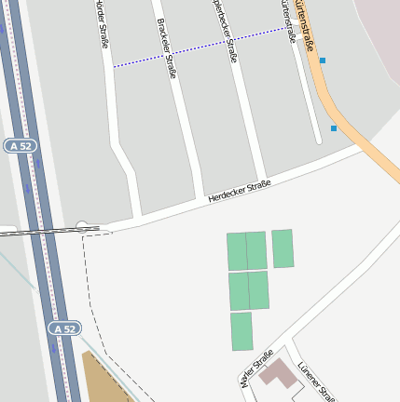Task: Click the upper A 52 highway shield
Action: coord(19,146)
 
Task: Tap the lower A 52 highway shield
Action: coord(63,328)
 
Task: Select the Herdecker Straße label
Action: coord(240,191)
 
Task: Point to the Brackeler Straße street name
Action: coord(167,47)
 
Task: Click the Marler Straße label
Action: coord(255,368)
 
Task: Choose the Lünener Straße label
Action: coord(316,381)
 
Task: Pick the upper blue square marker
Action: coord(323,60)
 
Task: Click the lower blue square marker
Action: coord(334,128)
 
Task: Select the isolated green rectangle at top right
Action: coord(283,248)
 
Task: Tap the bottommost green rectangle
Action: coord(241,331)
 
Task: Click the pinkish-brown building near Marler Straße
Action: coord(278,373)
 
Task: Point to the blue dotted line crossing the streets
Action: coord(200,47)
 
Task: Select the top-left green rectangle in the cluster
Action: coord(236,251)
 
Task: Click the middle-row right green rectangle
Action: coord(258,290)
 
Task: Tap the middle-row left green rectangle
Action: coord(239,291)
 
